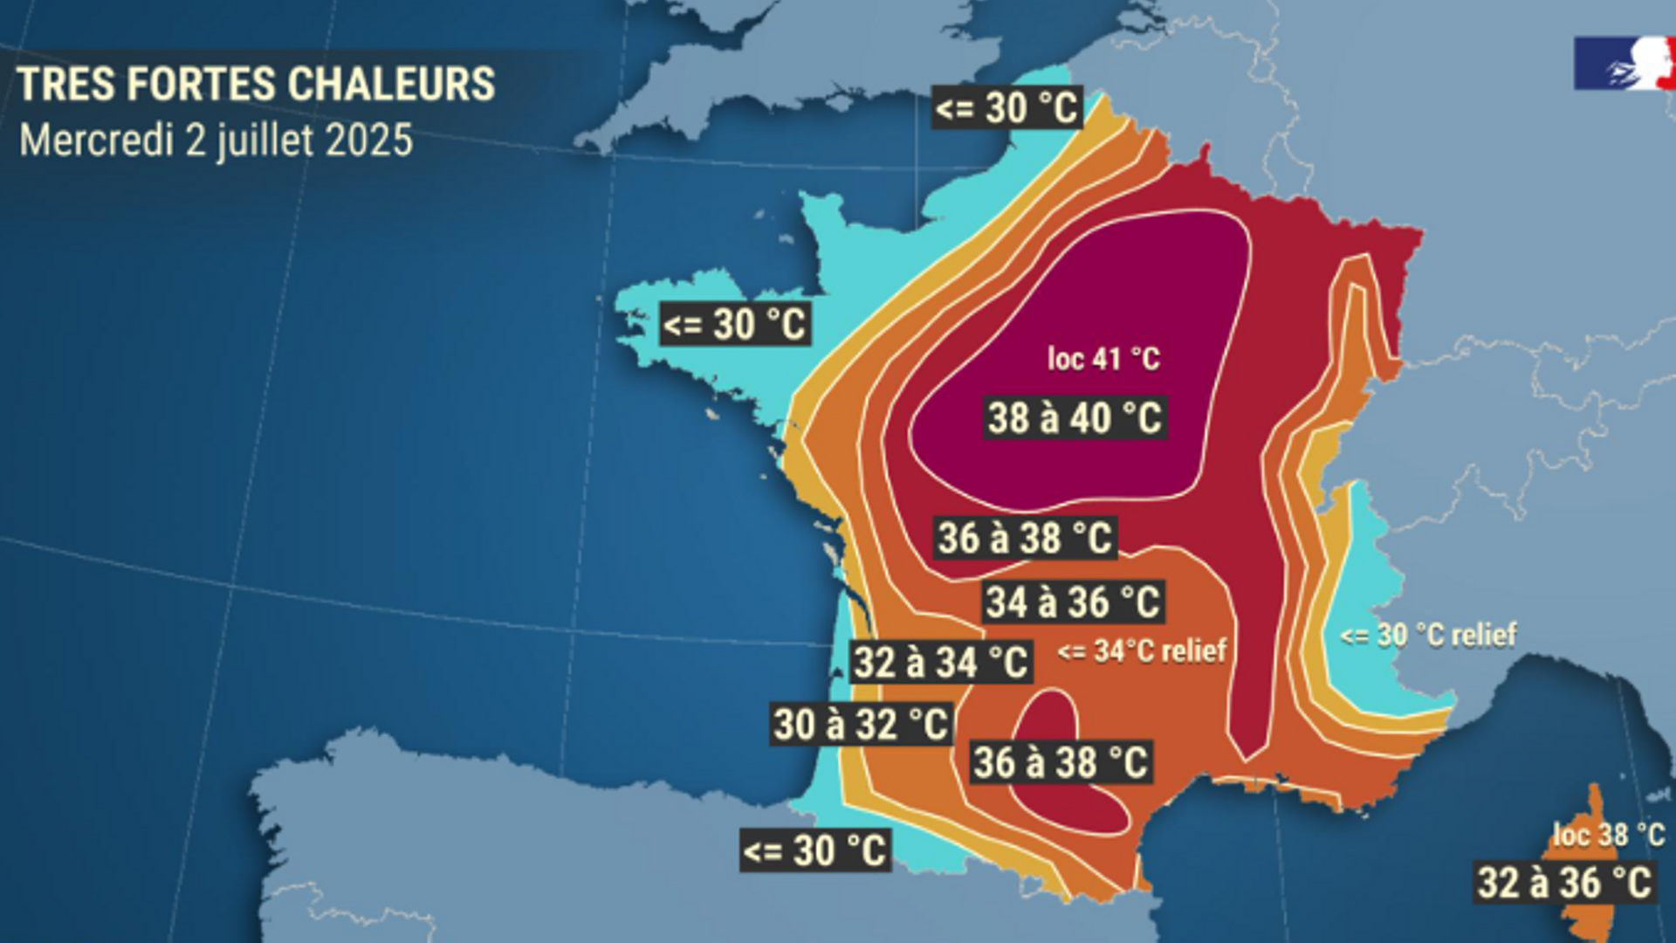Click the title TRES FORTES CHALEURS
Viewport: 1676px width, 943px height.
click(256, 85)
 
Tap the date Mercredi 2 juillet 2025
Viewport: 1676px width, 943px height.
click(216, 141)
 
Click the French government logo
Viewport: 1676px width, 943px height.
click(1624, 63)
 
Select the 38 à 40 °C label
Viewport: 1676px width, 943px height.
click(1075, 418)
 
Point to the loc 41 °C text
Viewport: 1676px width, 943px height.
click(1103, 358)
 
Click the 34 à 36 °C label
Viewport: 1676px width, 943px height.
click(1073, 602)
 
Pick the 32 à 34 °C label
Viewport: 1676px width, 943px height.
click(941, 662)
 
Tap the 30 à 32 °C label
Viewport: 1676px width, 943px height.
click(861, 725)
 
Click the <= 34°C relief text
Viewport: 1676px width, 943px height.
click(1142, 650)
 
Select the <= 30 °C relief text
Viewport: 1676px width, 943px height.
click(1428, 635)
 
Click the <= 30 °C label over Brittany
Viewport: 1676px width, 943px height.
click(734, 324)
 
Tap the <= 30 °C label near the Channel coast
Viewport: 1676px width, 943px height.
click(1006, 108)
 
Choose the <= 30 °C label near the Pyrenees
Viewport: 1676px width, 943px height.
click(814, 850)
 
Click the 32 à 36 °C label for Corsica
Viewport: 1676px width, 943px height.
click(1564, 882)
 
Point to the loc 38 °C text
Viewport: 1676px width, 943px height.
click(1608, 835)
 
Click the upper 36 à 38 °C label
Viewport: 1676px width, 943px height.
click(1025, 538)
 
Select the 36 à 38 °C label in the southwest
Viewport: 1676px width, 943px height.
click(1061, 762)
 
